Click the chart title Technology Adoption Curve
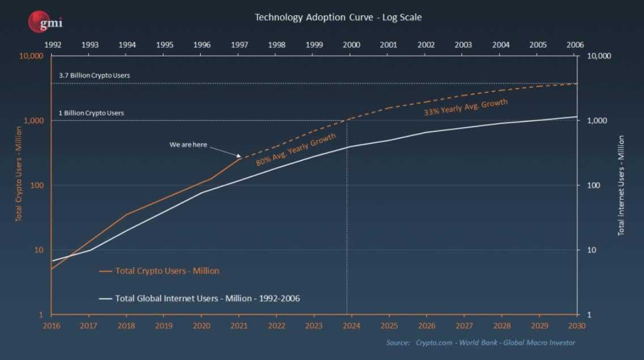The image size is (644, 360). pyautogui.click(x=338, y=17)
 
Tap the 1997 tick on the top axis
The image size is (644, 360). pyautogui.click(x=239, y=45)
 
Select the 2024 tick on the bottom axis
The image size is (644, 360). pyautogui.click(x=351, y=326)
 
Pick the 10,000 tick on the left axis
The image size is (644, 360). pyautogui.click(x=32, y=56)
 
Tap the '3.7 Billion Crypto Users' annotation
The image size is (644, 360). pyautogui.click(x=95, y=75)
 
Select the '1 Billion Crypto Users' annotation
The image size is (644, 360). pyautogui.click(x=91, y=113)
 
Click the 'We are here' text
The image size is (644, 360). pyautogui.click(x=189, y=145)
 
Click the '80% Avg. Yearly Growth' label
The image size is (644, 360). pyautogui.click(x=295, y=149)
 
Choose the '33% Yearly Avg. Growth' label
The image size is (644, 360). pyautogui.click(x=465, y=108)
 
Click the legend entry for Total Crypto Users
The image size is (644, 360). pyautogui.click(x=167, y=271)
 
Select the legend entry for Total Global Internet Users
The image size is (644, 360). pyautogui.click(x=207, y=298)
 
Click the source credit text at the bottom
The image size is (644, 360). pyautogui.click(x=480, y=342)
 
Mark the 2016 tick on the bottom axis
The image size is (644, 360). pyautogui.click(x=52, y=326)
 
